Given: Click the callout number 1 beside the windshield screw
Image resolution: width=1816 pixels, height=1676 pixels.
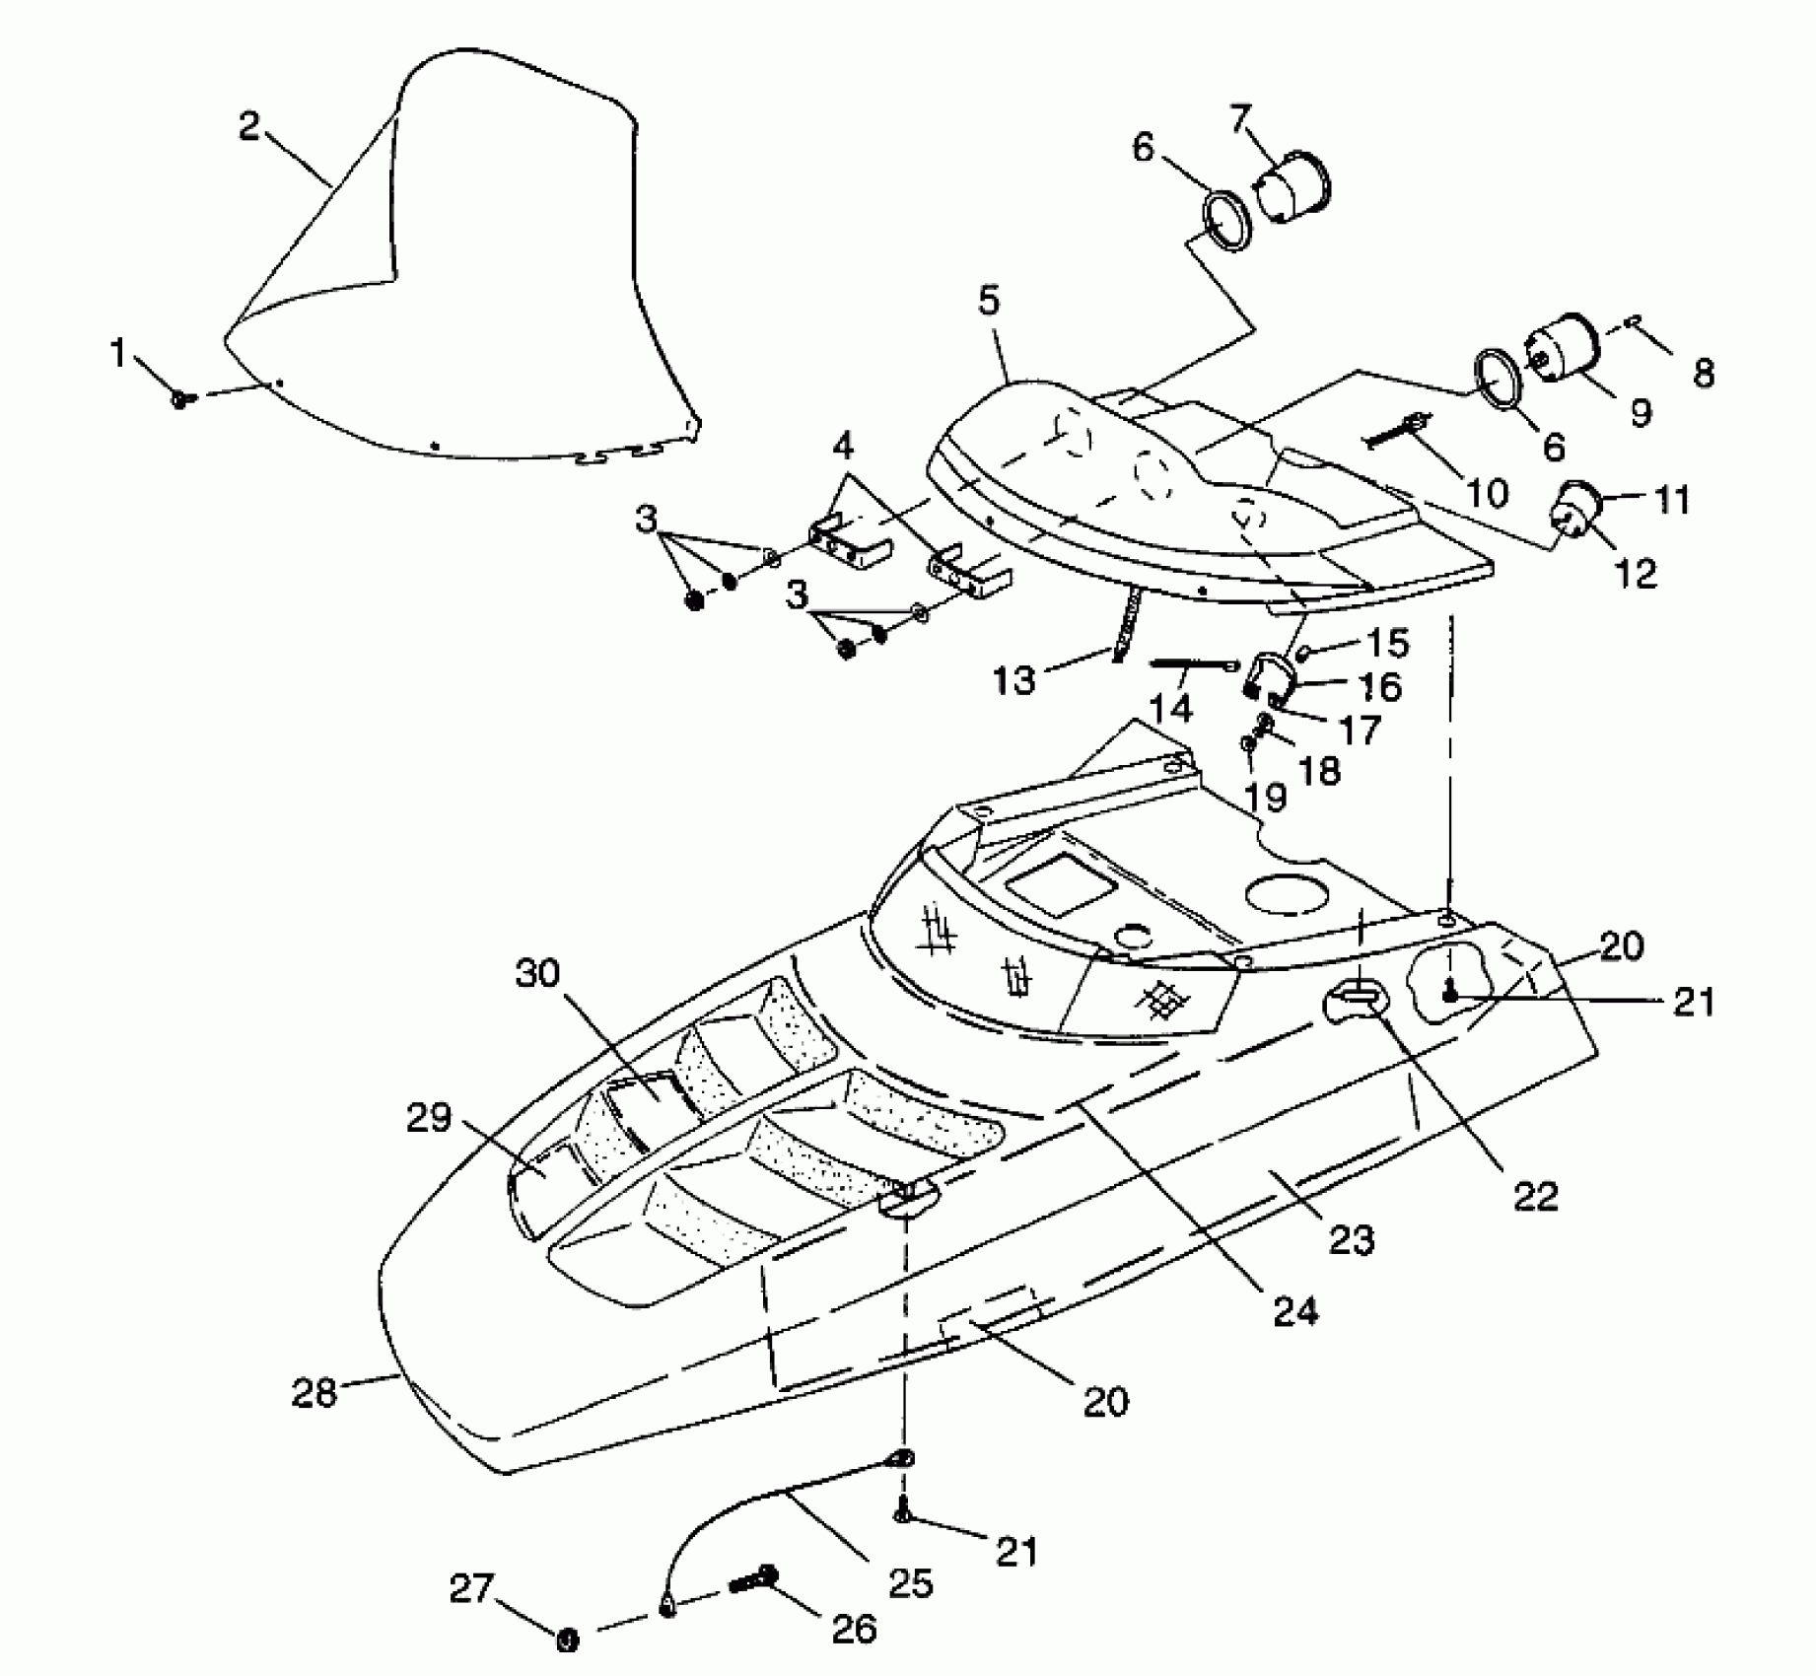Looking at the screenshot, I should [x=118, y=353].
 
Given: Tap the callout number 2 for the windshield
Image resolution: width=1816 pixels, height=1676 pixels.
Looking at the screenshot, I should [x=250, y=127].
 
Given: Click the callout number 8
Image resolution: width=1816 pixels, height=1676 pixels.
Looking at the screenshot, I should [x=1703, y=374].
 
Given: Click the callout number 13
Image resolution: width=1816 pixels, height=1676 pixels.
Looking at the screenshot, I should [x=1015, y=678].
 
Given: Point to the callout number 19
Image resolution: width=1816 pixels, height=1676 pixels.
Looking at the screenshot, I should [x=1267, y=796].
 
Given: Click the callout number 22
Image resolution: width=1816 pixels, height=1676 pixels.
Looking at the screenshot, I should [x=1535, y=1196].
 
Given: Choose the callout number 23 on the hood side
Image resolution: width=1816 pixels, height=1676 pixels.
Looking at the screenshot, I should [x=1351, y=1239].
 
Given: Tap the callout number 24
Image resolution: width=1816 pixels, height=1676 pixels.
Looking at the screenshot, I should [x=1295, y=1310].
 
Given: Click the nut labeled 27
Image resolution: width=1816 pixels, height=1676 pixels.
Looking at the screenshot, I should [x=567, y=1640].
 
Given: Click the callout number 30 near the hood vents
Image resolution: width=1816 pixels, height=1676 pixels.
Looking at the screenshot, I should [x=537, y=973].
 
